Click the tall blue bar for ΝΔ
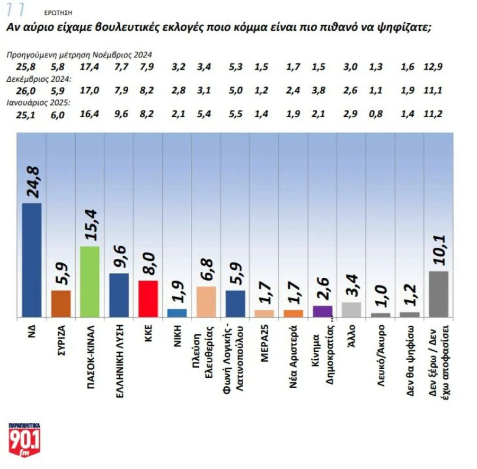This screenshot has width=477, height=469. click(x=32, y=260)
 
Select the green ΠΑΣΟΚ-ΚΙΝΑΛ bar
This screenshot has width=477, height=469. click(x=90, y=282)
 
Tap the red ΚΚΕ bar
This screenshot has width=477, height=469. click(x=148, y=299)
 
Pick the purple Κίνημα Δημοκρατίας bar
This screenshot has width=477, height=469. click(x=322, y=311)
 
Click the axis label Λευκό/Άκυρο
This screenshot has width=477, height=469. click(x=381, y=352)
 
